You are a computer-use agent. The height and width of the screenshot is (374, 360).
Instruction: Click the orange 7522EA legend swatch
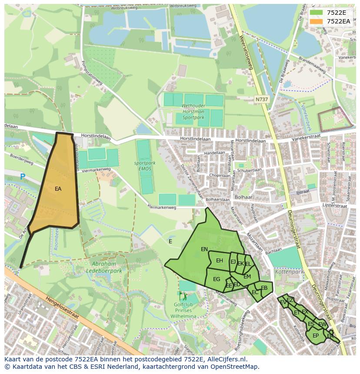[x=316, y=21]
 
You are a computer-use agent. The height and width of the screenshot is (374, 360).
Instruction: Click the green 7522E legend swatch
[x=316, y=13]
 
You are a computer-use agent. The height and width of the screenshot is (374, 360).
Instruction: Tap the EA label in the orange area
[x=58, y=189]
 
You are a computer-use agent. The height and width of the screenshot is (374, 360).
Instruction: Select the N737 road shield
[x=261, y=99]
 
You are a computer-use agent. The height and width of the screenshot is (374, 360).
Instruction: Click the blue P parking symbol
[x=23, y=176]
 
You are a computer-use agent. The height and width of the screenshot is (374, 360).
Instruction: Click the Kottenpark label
[x=289, y=271]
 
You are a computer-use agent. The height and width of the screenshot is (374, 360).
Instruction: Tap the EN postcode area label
[x=204, y=249]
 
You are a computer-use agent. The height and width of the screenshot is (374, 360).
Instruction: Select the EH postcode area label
[x=219, y=261]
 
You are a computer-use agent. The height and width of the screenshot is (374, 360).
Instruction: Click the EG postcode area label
[x=216, y=279]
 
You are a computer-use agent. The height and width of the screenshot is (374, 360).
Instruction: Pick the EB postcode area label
[x=264, y=288]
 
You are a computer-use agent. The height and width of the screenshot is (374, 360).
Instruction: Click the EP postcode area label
[x=315, y=336]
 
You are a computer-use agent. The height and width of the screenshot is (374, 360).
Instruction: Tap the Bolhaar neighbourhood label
[x=240, y=197]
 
